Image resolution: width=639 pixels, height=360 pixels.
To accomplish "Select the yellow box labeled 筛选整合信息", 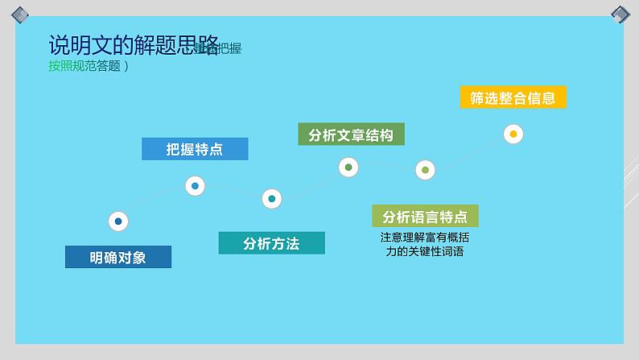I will click(513, 97).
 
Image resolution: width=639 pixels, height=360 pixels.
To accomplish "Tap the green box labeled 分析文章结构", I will click(351, 134).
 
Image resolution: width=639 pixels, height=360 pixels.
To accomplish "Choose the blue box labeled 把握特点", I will click(195, 149).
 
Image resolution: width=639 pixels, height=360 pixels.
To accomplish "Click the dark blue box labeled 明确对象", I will click(118, 257).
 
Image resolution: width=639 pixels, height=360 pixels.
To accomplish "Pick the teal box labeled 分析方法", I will click(271, 243).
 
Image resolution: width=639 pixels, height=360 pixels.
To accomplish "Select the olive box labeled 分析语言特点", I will click(425, 216).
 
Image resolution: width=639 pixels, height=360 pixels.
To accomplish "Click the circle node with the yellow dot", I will click(513, 134).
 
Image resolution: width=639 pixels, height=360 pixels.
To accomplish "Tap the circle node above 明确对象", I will click(118, 221).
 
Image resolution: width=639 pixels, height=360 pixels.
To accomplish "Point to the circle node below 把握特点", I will click(195, 186).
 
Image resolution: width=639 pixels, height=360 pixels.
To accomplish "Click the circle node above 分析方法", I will click(272, 199).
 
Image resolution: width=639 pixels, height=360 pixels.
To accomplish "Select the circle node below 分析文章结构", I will click(348, 168).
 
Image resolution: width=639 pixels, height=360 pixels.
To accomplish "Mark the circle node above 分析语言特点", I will click(425, 170).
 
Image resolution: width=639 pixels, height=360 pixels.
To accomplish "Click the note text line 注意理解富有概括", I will click(425, 238).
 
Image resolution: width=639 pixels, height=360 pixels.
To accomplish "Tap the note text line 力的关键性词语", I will click(425, 251).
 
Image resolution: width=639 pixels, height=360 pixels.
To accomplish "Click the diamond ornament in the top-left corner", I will click(19, 14).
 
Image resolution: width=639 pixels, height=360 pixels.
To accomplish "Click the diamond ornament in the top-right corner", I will click(620, 14).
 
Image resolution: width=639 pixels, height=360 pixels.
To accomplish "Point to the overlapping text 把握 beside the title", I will click(229, 48).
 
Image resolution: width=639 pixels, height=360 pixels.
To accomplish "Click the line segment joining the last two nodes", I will click(469, 152).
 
